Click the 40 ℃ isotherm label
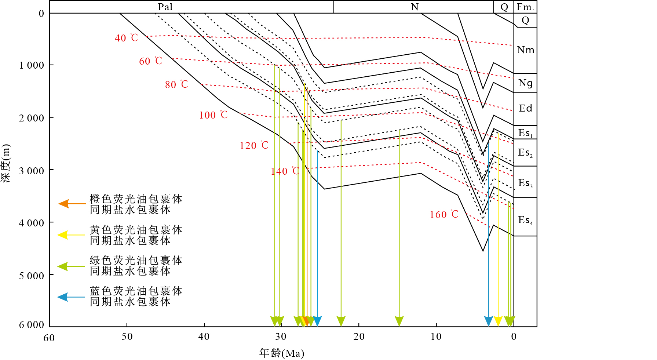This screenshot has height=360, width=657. [126, 38]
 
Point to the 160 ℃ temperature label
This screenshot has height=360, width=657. [444, 214]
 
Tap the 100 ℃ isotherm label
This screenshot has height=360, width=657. [213, 115]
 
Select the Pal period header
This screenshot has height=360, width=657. [165, 7]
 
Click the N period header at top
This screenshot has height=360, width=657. [415, 7]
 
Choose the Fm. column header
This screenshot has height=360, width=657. [525, 7]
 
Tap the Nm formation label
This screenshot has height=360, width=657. [525, 50]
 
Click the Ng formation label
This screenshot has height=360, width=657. [525, 83]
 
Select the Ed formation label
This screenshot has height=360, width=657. [525, 108]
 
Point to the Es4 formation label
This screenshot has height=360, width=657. [525, 220]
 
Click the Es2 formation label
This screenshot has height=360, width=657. [525, 153]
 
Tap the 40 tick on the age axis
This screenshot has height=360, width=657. [204, 337]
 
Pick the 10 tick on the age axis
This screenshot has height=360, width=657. [436, 337]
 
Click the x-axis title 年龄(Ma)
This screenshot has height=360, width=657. [282, 353]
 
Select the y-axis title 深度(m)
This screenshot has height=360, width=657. [6, 163]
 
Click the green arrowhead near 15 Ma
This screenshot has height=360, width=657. [399, 321]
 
